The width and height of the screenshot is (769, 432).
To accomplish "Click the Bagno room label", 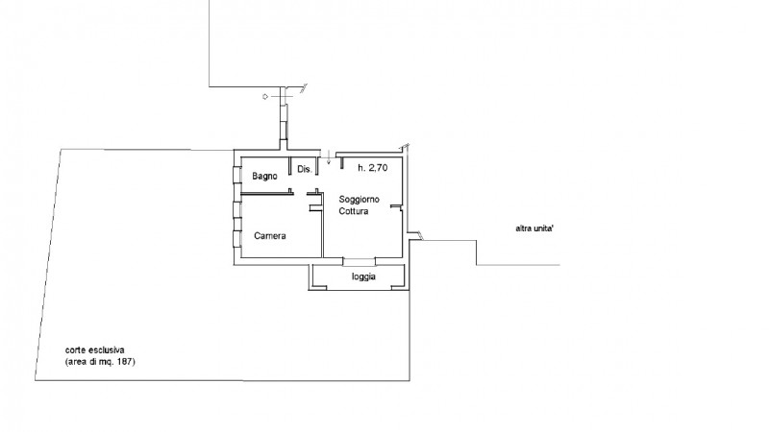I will tap(265, 177).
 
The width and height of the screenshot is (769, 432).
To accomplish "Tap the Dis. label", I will tap(305, 170).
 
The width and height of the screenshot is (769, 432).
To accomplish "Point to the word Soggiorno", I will tap(359, 199).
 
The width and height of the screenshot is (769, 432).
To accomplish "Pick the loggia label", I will tap(363, 277).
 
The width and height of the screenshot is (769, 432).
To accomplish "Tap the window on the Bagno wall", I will tap(236, 177).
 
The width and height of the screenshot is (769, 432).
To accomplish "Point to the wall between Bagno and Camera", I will tap(264, 194).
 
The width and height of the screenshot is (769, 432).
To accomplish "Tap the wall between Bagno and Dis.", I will tap(291, 170).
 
